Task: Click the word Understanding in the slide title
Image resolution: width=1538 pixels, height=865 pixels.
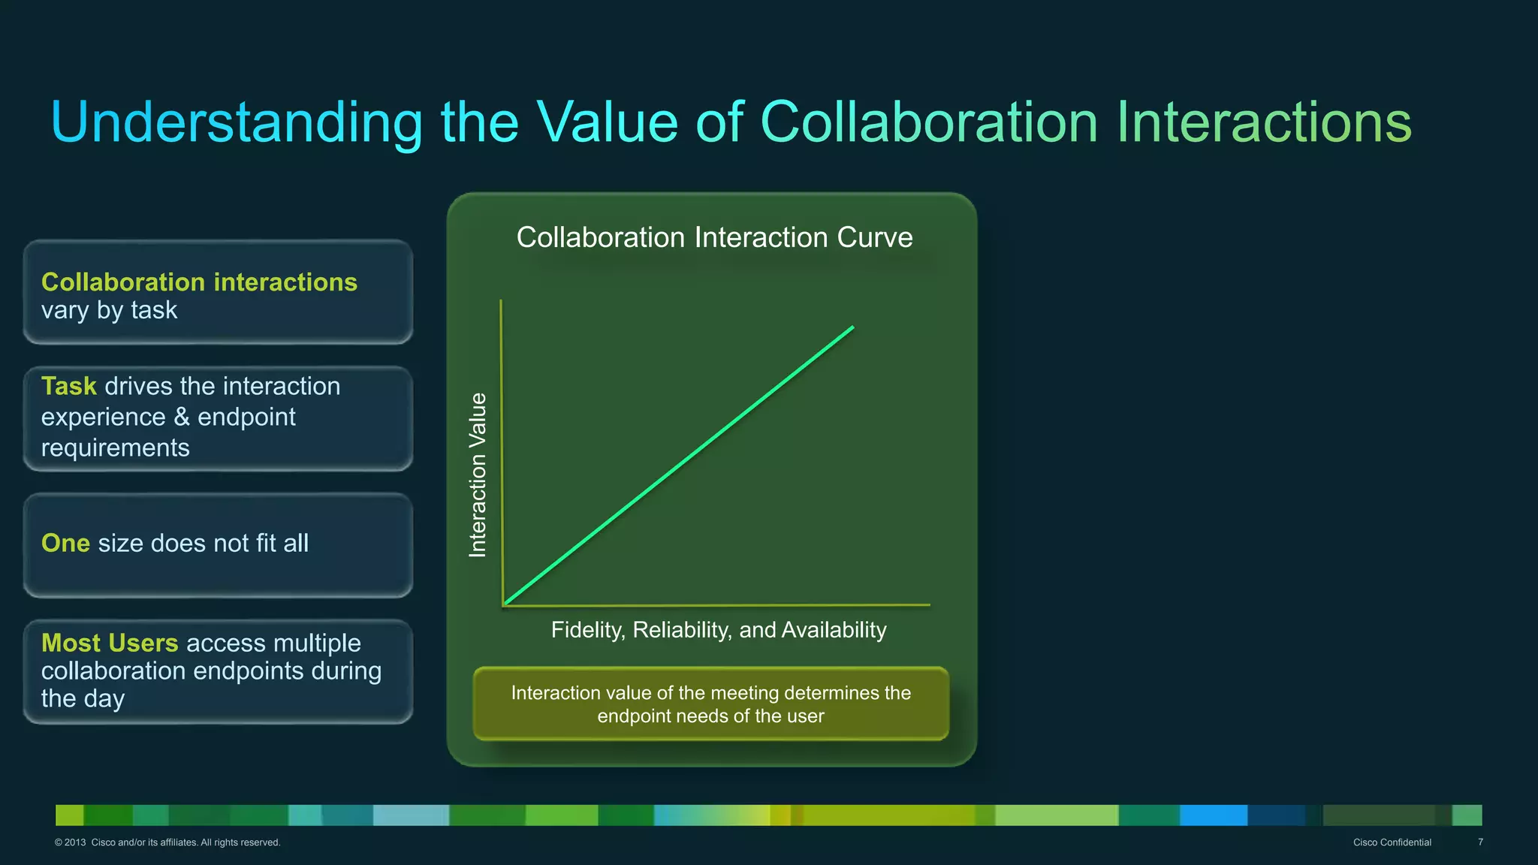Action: click(x=237, y=122)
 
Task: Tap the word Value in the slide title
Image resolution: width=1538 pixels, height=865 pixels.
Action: click(x=607, y=122)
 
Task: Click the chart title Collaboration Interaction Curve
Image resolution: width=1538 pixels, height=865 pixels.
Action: click(x=714, y=237)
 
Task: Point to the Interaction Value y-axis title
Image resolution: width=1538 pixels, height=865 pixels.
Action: click(x=478, y=475)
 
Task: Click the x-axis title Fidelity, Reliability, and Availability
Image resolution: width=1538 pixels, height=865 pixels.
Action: click(x=719, y=629)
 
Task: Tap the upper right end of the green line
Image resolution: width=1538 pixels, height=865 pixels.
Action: click(x=852, y=327)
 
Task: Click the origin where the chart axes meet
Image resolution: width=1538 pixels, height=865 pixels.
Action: click(x=503, y=604)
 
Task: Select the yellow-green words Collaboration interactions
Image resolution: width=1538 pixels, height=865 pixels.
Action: click(x=199, y=282)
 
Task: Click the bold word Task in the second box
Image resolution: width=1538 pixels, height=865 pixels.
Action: click(x=68, y=386)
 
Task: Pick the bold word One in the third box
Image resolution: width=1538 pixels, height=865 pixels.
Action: click(x=65, y=543)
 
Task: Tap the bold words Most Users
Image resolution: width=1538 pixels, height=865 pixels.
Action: click(x=110, y=643)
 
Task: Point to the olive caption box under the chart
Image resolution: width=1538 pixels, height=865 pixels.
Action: click(x=710, y=704)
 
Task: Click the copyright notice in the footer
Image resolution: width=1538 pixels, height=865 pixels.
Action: click(x=167, y=842)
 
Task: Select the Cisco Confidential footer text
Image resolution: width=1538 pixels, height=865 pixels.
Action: click(x=1392, y=842)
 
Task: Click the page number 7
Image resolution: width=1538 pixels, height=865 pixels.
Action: click(x=1480, y=842)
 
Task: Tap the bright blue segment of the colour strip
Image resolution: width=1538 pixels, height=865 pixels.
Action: click(x=1213, y=815)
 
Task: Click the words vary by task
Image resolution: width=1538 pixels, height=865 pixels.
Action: click(x=109, y=310)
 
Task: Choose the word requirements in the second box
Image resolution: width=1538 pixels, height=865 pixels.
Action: click(x=115, y=448)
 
